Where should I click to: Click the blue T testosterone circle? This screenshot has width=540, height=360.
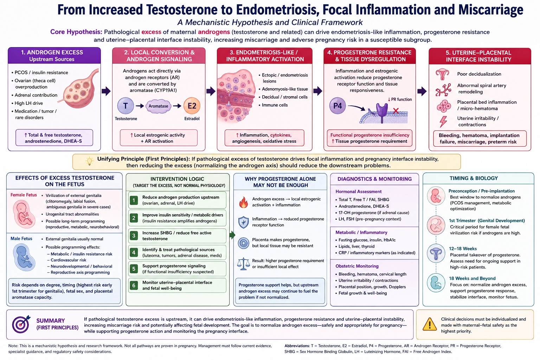click(126, 105)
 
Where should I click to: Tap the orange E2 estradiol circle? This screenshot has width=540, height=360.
click(192, 105)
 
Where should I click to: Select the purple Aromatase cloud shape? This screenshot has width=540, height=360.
click(159, 106)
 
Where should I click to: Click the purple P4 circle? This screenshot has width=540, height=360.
click(337, 105)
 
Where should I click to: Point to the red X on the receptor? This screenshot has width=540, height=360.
click(396, 111)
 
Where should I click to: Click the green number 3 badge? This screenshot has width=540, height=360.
click(134, 236)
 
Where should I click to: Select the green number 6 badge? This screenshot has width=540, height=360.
click(134, 285)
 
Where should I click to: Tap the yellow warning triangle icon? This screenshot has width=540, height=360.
click(430, 324)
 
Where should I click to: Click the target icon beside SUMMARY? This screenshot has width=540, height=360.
click(21, 324)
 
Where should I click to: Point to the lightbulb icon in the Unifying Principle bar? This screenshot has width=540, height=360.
click(89, 161)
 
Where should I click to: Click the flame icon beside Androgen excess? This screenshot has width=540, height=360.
click(244, 202)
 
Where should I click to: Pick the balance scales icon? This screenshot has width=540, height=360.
click(244, 264)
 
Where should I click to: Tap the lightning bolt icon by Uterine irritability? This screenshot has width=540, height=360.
click(443, 121)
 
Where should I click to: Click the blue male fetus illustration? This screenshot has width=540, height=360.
click(24, 257)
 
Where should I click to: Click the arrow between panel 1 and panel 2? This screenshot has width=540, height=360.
click(106, 91)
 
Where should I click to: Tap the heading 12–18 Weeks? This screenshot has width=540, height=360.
click(463, 249)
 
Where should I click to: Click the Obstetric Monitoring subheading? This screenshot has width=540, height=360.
click(357, 266)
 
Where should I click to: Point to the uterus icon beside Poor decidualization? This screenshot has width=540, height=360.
click(442, 74)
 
